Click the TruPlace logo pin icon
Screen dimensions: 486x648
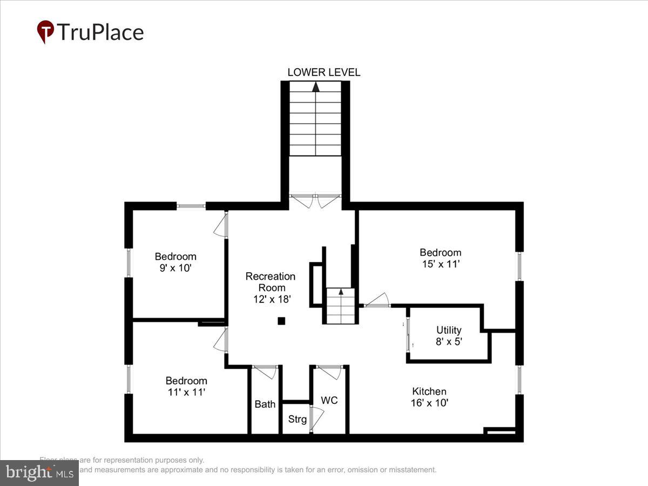tap(45, 32)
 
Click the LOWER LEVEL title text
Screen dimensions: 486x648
tap(323, 72)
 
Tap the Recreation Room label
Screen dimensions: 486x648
tap(271, 276)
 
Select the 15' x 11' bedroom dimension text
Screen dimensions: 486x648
tap(441, 264)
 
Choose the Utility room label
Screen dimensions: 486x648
tap(449, 330)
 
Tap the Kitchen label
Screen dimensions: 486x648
tap(429, 391)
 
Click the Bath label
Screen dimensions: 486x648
tap(265, 404)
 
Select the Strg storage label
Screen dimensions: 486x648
tap(297, 419)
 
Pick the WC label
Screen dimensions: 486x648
tap(329, 400)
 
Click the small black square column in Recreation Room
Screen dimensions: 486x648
tap(281, 321)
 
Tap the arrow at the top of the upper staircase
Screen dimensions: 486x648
tap(316, 85)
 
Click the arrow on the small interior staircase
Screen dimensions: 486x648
tap(341, 292)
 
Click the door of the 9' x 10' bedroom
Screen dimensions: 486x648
tap(221, 224)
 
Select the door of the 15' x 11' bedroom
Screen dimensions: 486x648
tap(377, 300)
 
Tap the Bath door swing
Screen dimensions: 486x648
tap(266, 372)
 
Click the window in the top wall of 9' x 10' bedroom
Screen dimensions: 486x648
tap(191, 206)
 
